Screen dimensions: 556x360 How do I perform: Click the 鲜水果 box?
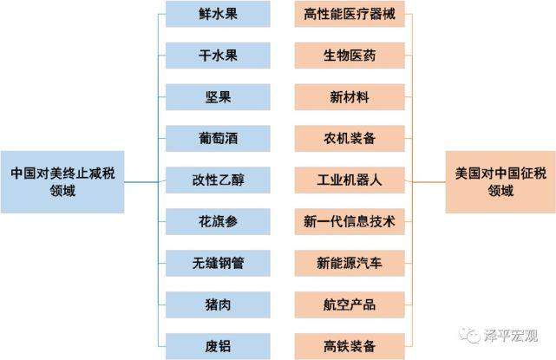(x=218, y=14)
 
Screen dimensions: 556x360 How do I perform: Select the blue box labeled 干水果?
(x=218, y=56)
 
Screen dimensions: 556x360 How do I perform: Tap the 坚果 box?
(x=218, y=97)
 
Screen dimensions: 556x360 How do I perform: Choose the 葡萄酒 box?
(x=218, y=138)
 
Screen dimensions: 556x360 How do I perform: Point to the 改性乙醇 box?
(x=218, y=180)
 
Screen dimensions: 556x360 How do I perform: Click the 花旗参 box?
(x=218, y=222)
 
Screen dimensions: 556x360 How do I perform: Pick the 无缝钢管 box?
(x=218, y=263)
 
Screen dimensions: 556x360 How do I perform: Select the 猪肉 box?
(x=218, y=304)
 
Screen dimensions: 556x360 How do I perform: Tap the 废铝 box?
(x=218, y=346)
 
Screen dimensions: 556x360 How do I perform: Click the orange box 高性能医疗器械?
(x=350, y=14)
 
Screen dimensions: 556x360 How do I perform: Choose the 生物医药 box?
(x=350, y=56)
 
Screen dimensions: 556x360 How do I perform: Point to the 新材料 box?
(x=350, y=97)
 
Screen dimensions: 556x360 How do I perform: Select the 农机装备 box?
(x=350, y=138)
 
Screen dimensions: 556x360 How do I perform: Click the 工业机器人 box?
(x=350, y=180)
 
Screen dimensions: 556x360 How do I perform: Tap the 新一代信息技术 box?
(x=350, y=222)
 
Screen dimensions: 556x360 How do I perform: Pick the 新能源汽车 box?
(x=350, y=263)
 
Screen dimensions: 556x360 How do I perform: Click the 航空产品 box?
(x=350, y=304)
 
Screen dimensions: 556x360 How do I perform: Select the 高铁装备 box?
(x=350, y=346)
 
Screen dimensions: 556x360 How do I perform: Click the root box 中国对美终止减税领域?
(x=62, y=182)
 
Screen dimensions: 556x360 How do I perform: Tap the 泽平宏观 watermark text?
(x=511, y=335)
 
